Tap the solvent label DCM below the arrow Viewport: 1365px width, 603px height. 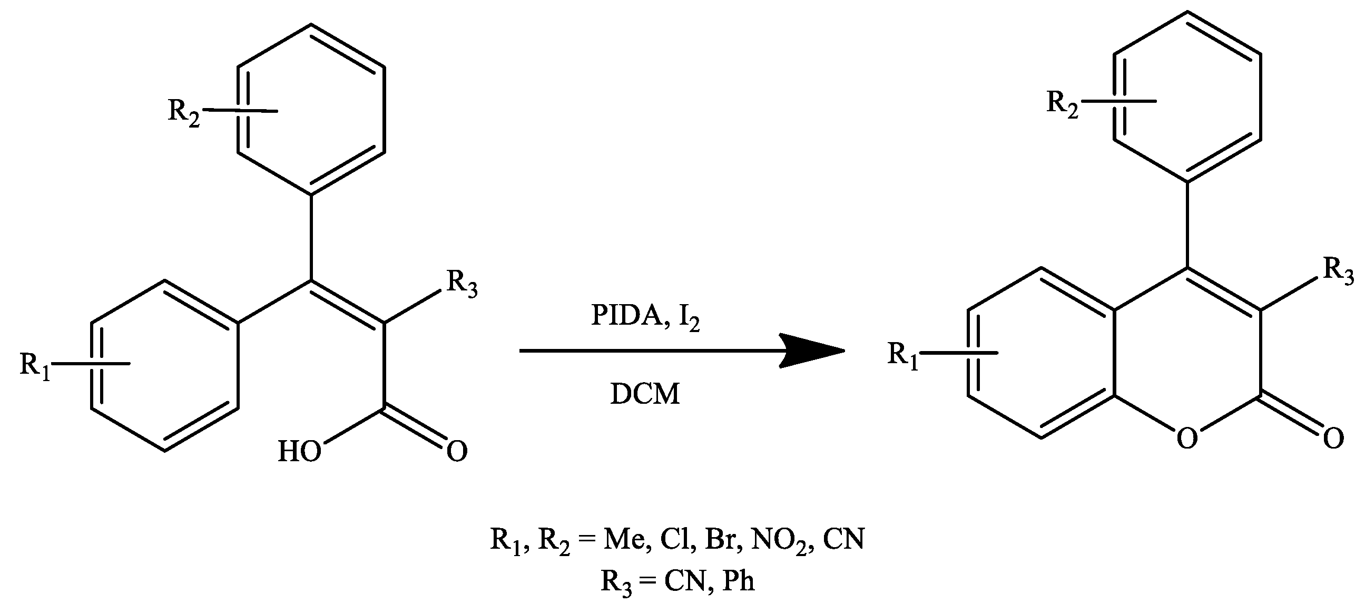[644, 394]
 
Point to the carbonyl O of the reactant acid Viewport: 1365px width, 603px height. [457, 451]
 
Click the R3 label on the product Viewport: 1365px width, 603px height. [1339, 271]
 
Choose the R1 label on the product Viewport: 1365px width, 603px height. [903, 355]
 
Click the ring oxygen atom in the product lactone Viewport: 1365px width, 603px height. [1186, 439]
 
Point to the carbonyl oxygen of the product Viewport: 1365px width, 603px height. [1333, 439]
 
